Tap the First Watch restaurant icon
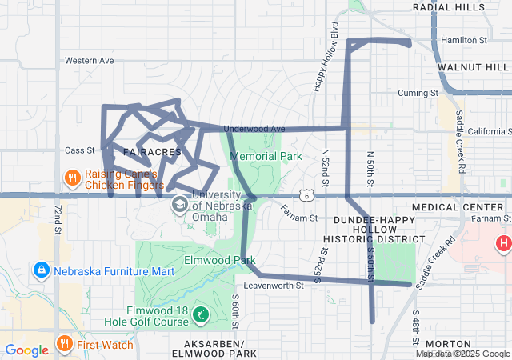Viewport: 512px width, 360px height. click(65, 345)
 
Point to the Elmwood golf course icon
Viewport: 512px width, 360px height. click(201, 315)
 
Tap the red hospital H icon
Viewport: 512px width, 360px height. click(503, 243)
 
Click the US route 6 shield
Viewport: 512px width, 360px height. click(306, 195)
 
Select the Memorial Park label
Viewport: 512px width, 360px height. click(260, 156)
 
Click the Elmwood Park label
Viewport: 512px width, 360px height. click(219, 260)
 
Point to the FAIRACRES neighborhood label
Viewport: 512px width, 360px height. click(152, 151)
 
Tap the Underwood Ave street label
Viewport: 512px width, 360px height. click(254, 129)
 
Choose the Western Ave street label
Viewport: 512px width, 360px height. click(89, 60)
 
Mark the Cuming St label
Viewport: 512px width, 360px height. click(418, 93)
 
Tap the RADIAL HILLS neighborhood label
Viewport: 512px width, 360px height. click(449, 7)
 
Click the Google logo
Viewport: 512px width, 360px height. click(27, 350)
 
